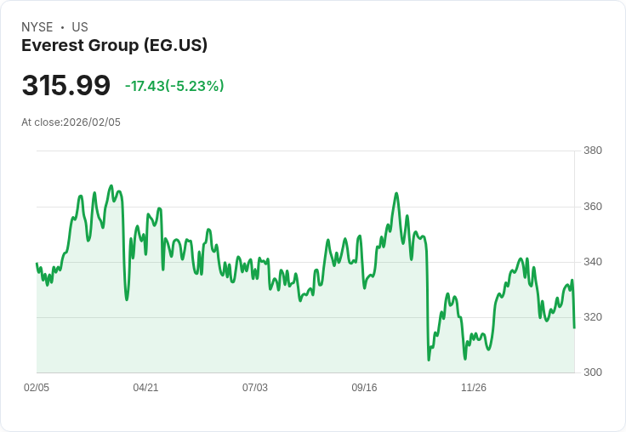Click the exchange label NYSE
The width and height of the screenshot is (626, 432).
[37, 27]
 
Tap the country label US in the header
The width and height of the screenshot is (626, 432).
[80, 27]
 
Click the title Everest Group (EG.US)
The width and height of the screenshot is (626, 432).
[114, 46]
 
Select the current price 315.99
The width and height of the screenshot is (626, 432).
[65, 86]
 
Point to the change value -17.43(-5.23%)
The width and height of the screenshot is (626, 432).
[174, 86]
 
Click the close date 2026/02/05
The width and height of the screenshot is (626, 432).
[92, 122]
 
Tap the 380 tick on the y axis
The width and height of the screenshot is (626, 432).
[592, 151]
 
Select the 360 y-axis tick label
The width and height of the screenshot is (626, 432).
[592, 207]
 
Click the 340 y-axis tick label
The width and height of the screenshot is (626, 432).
[592, 262]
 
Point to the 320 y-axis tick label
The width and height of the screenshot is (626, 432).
[592, 317]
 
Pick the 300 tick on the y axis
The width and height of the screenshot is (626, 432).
[592, 372]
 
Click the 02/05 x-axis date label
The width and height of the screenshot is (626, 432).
[37, 388]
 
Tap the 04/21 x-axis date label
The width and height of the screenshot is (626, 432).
[145, 388]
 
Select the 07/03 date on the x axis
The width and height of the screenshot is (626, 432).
[255, 388]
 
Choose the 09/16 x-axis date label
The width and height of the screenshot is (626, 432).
[364, 388]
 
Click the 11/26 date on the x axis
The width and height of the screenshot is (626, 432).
[474, 388]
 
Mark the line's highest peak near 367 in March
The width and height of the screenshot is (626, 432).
[111, 185]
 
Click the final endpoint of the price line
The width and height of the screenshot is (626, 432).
[574, 327]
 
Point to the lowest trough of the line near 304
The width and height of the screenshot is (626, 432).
[429, 360]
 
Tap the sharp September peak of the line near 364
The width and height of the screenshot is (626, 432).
[396, 194]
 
